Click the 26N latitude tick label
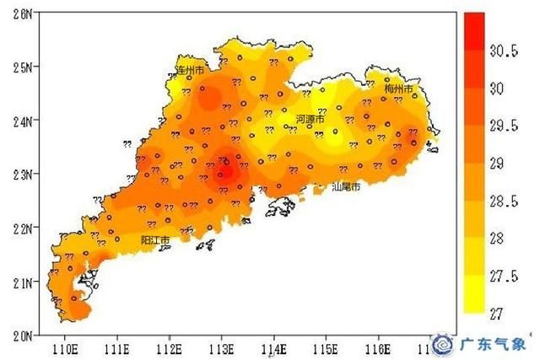(20, 13)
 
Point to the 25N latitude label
(20, 67)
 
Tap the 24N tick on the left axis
(20, 121)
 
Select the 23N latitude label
(20, 175)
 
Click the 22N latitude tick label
(20, 228)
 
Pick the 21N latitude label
(20, 282)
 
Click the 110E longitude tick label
(65, 347)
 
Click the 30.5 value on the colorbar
(504, 51)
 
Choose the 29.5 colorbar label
(504, 126)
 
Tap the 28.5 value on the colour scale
(504, 201)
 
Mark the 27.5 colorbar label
(504, 276)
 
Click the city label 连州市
(190, 71)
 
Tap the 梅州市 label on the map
(398, 89)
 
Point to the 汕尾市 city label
(345, 186)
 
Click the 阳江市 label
(155, 240)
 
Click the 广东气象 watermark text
(493, 344)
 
